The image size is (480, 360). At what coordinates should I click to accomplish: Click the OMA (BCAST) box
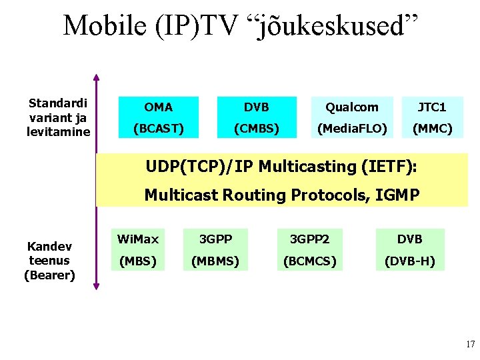point(158,117)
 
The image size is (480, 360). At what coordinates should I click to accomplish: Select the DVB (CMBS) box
point(257,117)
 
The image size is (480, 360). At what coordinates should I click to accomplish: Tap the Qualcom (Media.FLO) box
point(352,117)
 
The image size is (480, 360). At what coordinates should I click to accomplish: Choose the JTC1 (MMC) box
point(432,117)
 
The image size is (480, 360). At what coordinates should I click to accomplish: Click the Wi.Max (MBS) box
point(138,250)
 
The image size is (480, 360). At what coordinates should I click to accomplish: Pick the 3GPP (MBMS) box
point(215,250)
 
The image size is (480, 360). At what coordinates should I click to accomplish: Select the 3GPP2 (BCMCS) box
point(310,250)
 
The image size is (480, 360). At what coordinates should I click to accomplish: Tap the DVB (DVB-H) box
point(409,250)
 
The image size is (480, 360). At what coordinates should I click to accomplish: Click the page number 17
point(470,345)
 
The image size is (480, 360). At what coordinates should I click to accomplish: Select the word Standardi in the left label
point(58,103)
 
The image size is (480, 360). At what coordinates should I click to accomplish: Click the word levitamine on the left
point(58,131)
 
